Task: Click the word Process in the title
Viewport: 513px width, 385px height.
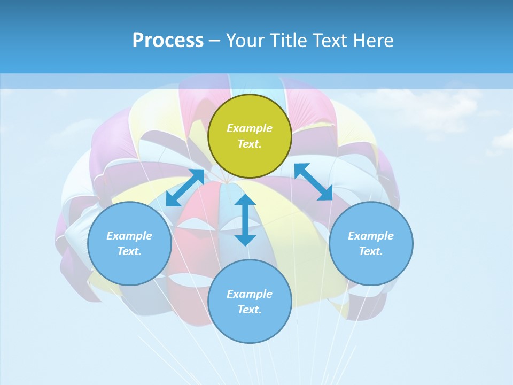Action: [168, 41]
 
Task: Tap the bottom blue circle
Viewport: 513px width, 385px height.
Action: [250, 326]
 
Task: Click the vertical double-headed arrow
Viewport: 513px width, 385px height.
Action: [245, 220]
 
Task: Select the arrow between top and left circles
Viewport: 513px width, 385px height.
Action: [185, 188]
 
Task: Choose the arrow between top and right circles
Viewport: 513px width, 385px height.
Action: [314, 182]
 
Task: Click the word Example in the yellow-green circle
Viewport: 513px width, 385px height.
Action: [250, 128]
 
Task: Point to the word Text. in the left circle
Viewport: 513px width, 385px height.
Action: [129, 251]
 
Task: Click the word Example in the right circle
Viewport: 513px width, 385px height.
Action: [371, 236]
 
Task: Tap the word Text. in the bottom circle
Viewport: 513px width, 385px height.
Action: [250, 310]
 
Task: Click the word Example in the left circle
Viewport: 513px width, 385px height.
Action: [129, 236]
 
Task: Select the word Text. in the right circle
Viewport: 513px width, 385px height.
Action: [371, 251]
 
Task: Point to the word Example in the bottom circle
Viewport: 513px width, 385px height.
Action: [250, 294]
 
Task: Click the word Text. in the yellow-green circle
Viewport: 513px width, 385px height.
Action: [250, 144]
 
